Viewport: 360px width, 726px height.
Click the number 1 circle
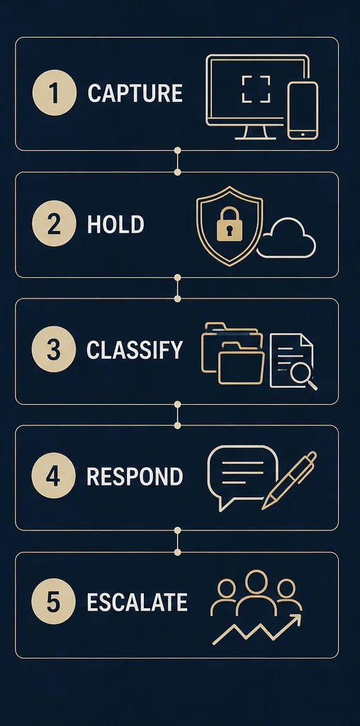54,93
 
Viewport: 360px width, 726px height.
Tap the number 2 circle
54,223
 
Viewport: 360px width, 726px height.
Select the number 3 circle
54,350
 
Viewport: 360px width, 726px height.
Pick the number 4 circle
54,476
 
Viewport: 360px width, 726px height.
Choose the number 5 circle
54,602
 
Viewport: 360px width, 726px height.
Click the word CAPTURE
135,93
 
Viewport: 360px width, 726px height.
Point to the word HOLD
116,224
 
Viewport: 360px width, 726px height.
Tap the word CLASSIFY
135,350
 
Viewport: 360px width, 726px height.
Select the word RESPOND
135,476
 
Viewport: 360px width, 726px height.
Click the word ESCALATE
137,603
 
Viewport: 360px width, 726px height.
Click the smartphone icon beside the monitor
303,110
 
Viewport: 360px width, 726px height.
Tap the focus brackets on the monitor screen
256,89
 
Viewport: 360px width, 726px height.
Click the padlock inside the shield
229,223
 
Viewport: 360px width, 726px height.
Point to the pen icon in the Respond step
289,481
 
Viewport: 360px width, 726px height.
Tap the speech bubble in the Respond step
243,477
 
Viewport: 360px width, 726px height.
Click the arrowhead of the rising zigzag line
297,619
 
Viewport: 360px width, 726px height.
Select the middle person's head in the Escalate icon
257,581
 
